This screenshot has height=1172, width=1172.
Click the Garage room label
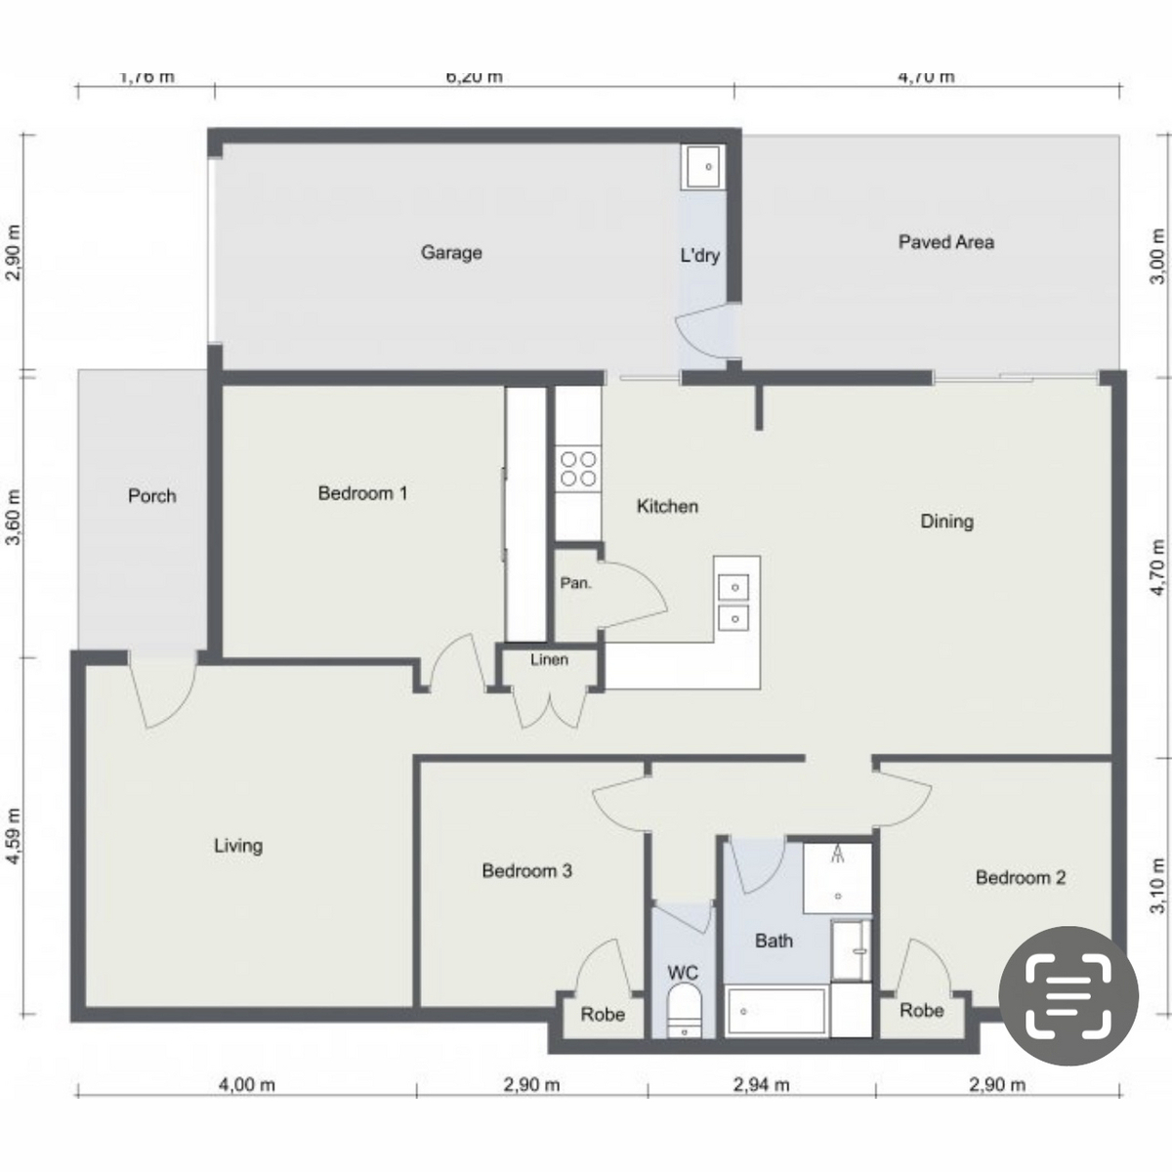[451, 253]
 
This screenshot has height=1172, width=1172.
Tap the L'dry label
[699, 256]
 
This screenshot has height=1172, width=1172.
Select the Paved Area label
[945, 242]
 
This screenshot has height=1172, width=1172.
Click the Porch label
[152, 496]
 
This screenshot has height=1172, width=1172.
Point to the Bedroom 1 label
[362, 493]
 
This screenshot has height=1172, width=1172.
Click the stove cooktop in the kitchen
[577, 468]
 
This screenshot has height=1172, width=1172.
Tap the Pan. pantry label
[575, 583]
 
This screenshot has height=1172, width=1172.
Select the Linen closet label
[549, 660]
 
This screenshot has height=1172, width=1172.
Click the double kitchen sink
[733, 602]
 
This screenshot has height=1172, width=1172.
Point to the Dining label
[946, 522]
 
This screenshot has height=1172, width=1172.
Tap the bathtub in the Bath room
[776, 1012]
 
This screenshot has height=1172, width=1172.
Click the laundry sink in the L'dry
[701, 167]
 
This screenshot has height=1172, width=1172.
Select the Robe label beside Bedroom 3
[603, 1015]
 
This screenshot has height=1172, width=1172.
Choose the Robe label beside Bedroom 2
[921, 1011]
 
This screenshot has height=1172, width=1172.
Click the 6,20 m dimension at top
[475, 77]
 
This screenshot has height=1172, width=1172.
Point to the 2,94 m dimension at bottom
[762, 1084]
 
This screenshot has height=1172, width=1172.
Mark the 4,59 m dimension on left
[14, 835]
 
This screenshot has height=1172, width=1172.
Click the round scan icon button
[1067, 995]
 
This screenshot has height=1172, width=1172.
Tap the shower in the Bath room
[837, 877]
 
